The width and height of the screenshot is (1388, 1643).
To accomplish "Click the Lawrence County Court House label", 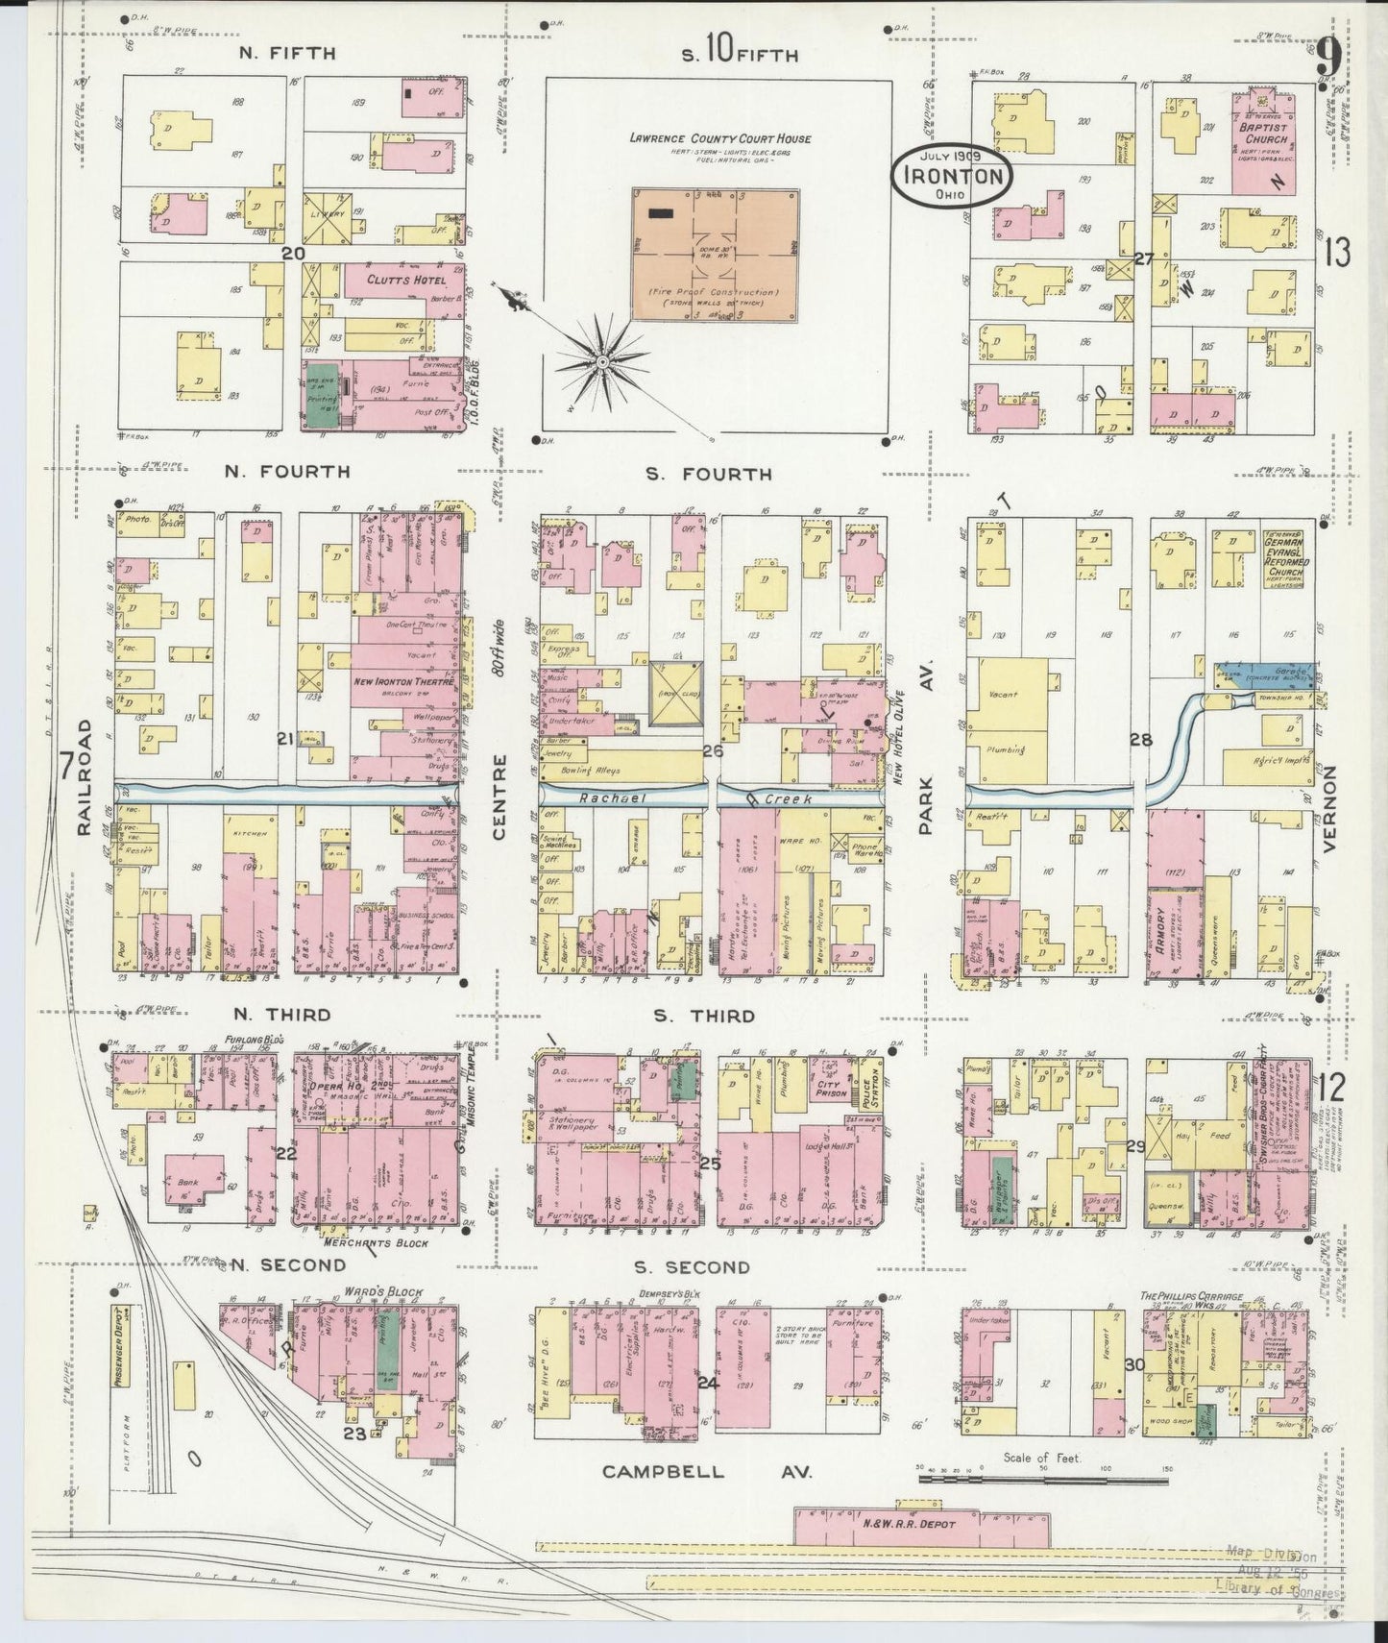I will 719,138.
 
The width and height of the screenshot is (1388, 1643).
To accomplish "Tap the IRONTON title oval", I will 950,176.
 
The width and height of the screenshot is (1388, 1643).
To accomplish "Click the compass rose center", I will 601,362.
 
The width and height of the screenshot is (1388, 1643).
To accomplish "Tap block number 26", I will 712,750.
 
